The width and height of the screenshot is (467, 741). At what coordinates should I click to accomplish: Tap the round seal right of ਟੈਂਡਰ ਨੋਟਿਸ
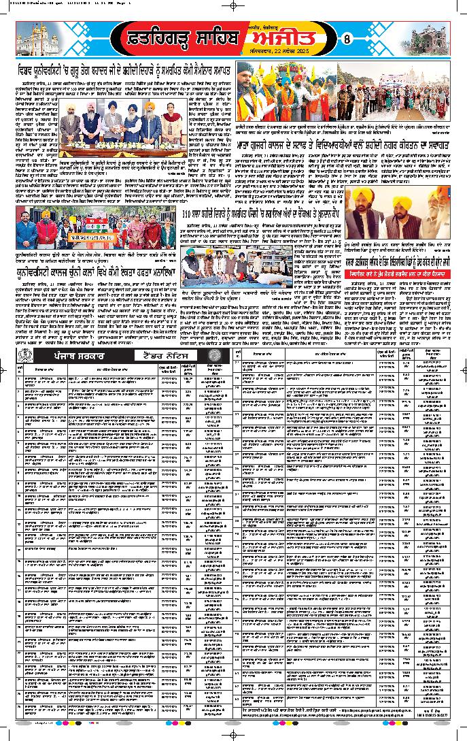click(x=216, y=355)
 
